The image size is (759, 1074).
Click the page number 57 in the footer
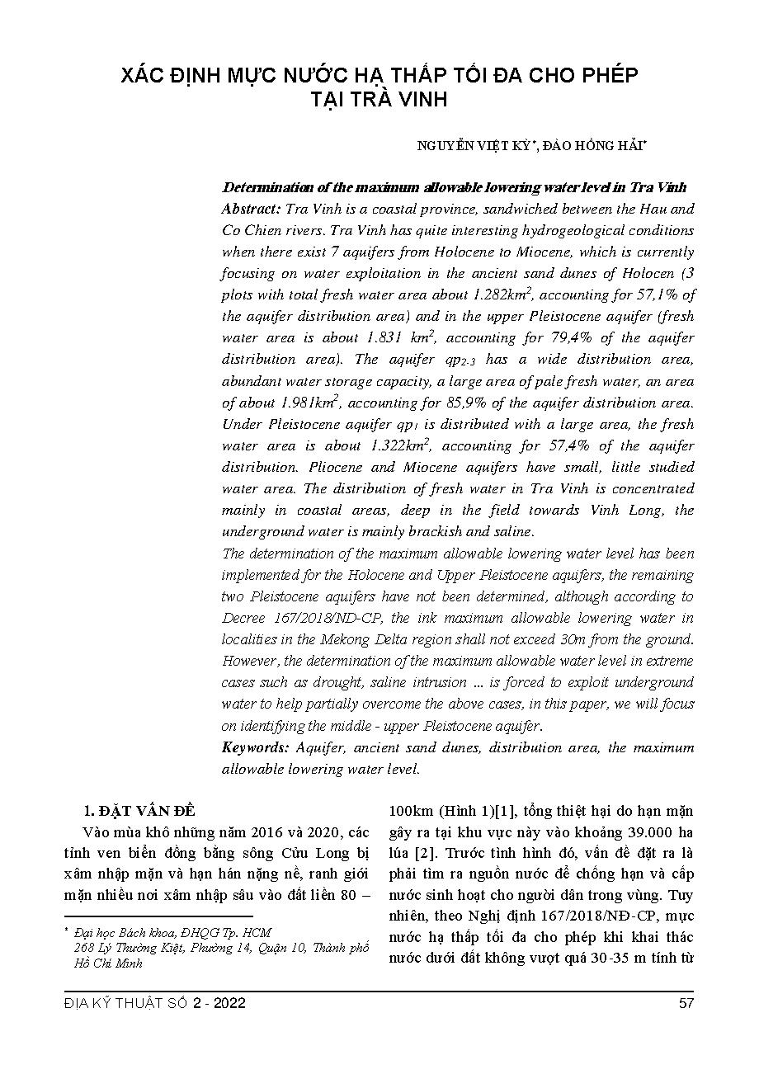tap(686, 1003)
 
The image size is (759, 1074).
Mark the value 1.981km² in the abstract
tap(311, 403)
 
